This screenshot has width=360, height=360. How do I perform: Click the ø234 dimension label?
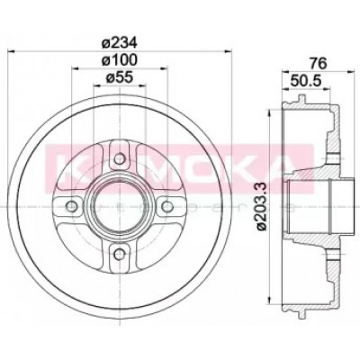pos(119,43)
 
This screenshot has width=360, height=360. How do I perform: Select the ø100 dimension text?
pos(119,60)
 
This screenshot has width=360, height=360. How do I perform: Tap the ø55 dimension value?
pos(119,77)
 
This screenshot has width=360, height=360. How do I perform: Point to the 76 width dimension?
pos(318,63)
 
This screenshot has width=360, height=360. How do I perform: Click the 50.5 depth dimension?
pos(306,80)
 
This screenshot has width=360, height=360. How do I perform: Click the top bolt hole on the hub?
pos(120,158)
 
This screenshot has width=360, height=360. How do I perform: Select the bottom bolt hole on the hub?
pos(120,254)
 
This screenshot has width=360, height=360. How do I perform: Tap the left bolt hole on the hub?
pos(72,206)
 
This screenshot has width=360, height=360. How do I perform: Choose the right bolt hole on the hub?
pos(167,206)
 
